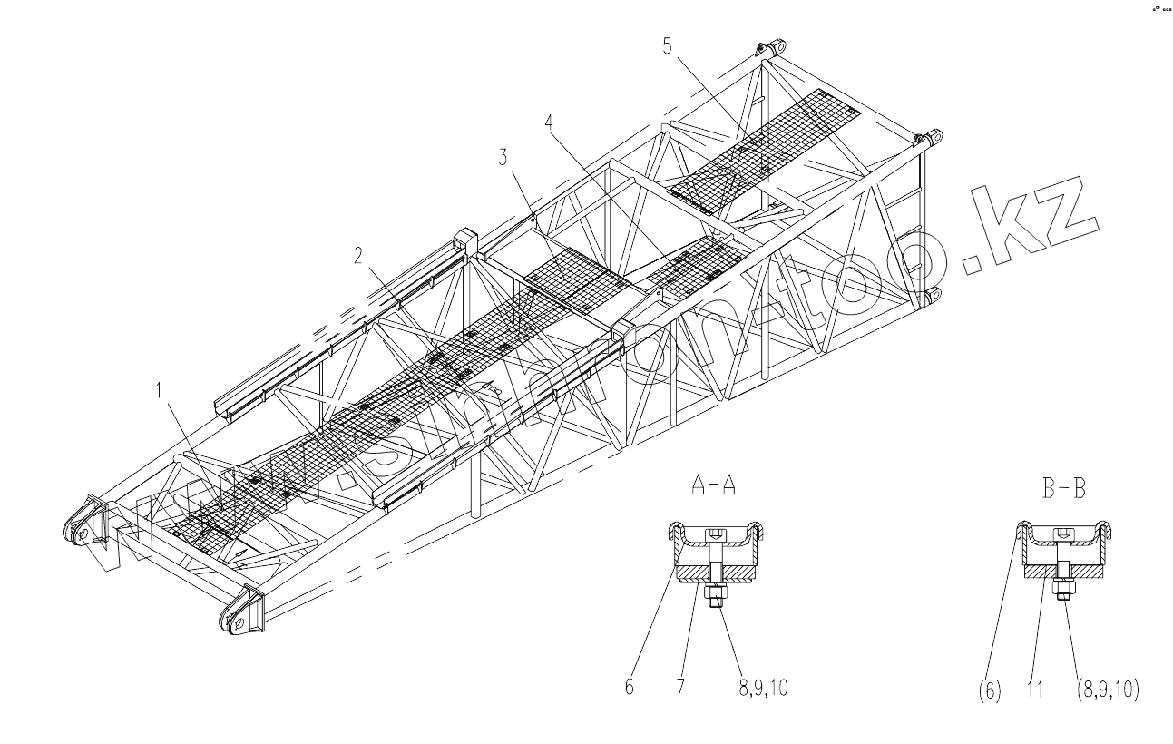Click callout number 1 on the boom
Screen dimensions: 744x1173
(161, 391)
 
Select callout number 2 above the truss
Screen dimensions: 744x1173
(359, 256)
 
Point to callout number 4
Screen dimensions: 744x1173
(550, 122)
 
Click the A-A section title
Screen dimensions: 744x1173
(713, 485)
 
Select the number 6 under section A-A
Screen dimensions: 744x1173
(629, 688)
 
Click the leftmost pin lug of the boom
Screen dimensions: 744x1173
(79, 532)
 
